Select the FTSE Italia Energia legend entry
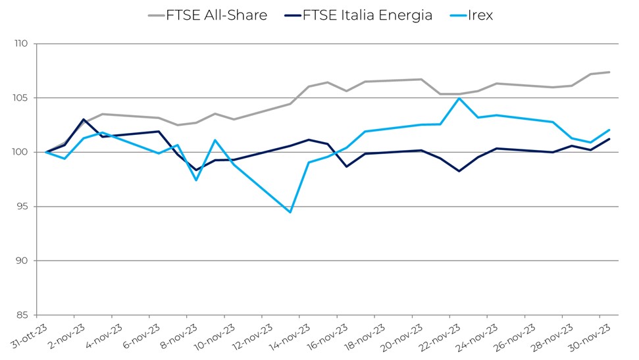[367, 15]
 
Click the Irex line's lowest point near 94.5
[290, 212]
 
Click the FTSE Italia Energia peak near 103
[84, 120]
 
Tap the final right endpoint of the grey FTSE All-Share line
[609, 72]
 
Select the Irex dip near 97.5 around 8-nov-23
[196, 180]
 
